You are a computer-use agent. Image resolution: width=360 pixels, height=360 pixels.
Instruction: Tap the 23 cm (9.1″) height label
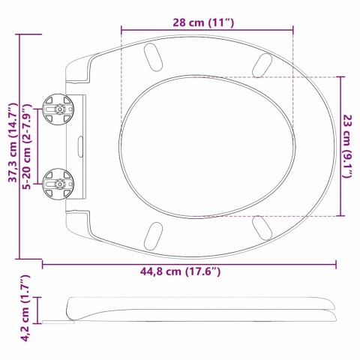346,142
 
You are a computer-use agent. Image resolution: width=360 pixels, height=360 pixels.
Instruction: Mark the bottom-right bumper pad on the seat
262,226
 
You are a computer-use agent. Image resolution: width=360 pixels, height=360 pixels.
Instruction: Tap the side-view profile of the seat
202,310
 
